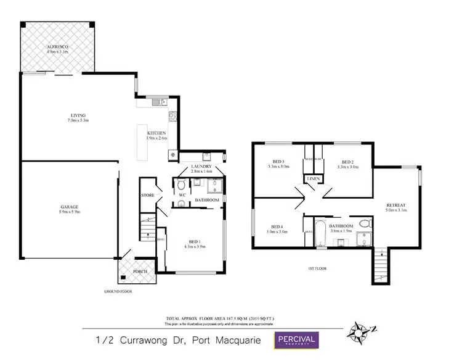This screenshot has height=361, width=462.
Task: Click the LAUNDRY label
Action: coord(201,167)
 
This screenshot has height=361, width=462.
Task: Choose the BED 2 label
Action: coord(349,162)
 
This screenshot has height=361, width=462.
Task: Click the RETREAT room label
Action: coord(395,204)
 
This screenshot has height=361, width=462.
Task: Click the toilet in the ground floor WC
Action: coord(180,185)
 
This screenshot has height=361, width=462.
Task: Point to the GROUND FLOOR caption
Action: coord(118,291)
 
